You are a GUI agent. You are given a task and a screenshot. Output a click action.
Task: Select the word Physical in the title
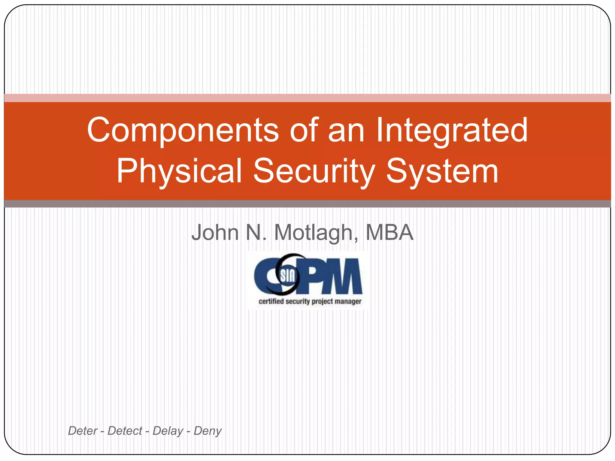coord(179,171)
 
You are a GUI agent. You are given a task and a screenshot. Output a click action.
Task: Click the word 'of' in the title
coord(304,130)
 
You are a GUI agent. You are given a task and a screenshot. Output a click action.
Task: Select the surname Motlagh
coord(316,233)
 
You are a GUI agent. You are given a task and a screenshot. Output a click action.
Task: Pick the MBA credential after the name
coord(389,232)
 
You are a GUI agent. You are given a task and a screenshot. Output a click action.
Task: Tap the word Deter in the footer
coord(83,431)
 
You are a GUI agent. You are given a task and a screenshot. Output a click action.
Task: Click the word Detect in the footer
coord(125,431)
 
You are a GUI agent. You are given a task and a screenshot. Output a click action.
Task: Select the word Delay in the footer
coord(168,431)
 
